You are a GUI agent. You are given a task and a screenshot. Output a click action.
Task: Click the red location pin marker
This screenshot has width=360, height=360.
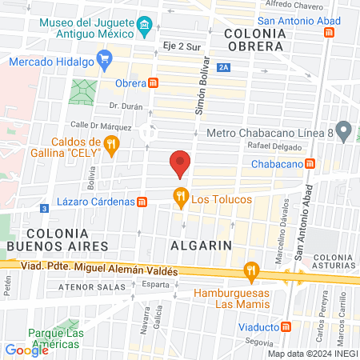pos(180,163)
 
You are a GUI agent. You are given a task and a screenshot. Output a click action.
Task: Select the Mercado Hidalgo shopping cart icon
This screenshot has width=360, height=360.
pos(103,58)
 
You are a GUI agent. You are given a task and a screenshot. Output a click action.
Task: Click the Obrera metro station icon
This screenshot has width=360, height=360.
pos(154,82)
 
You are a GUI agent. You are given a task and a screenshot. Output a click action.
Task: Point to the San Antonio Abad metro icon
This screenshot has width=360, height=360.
pos(329,32)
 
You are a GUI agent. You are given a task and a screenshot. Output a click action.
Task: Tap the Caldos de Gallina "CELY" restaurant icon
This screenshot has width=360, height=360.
pos(111,145)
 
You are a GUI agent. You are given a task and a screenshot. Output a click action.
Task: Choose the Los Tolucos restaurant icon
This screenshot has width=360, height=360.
pos(181,194)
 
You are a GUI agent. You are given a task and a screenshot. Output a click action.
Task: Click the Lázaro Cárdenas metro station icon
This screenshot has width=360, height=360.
pos(142,202)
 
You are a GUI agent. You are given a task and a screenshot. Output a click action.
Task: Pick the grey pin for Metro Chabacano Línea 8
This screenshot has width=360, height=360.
pos(344,129)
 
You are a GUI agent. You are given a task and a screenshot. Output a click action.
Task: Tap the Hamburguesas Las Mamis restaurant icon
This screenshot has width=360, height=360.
pos(253,270)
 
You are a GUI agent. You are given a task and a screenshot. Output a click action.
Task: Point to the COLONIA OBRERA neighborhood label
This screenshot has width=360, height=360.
pos(255,40)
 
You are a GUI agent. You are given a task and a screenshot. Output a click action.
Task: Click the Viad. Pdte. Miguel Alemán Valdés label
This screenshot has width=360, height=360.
pos(96,271)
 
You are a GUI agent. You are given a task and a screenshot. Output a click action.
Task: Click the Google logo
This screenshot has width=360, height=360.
pos(27,350)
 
